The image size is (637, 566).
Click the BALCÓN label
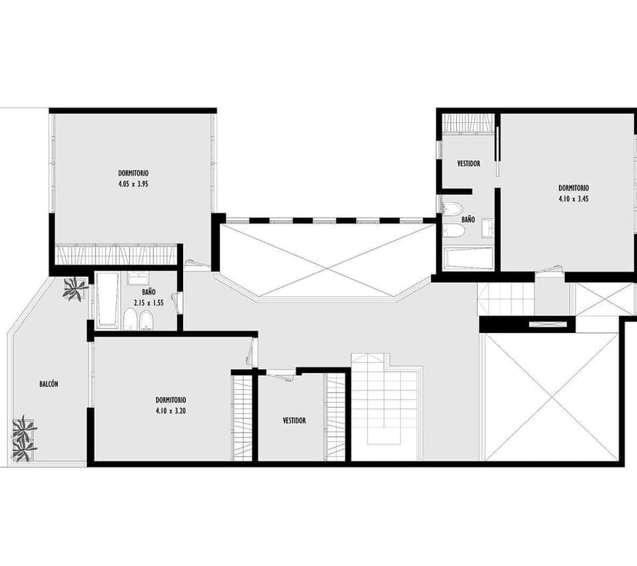[x=48, y=384]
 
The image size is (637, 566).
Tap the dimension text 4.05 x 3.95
[x=133, y=184]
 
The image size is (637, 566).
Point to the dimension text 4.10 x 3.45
[x=574, y=199]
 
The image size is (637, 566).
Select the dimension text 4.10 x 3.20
[x=171, y=411]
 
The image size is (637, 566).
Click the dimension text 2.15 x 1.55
[x=148, y=303]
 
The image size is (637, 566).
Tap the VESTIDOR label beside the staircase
[x=295, y=421]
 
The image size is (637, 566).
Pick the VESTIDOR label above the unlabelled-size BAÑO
[x=469, y=164]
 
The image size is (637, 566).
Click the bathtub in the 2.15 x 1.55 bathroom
[x=107, y=301]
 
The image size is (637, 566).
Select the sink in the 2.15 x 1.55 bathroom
[x=138, y=278]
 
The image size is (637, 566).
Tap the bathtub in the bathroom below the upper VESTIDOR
[x=468, y=258]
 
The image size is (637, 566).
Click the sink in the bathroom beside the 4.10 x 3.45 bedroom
[x=488, y=228]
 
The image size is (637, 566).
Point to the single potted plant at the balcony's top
[x=75, y=288]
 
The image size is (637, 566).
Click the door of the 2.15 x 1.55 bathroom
[x=176, y=302]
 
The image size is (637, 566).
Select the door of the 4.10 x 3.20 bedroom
[x=251, y=352]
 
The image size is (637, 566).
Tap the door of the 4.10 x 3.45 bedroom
[x=549, y=270]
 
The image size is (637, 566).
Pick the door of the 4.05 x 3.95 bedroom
[x=198, y=265]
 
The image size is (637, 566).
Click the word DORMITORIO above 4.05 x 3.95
[x=133, y=173]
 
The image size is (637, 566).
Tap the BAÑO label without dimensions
[x=468, y=220]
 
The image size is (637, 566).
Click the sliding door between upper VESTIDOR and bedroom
[x=497, y=151]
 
